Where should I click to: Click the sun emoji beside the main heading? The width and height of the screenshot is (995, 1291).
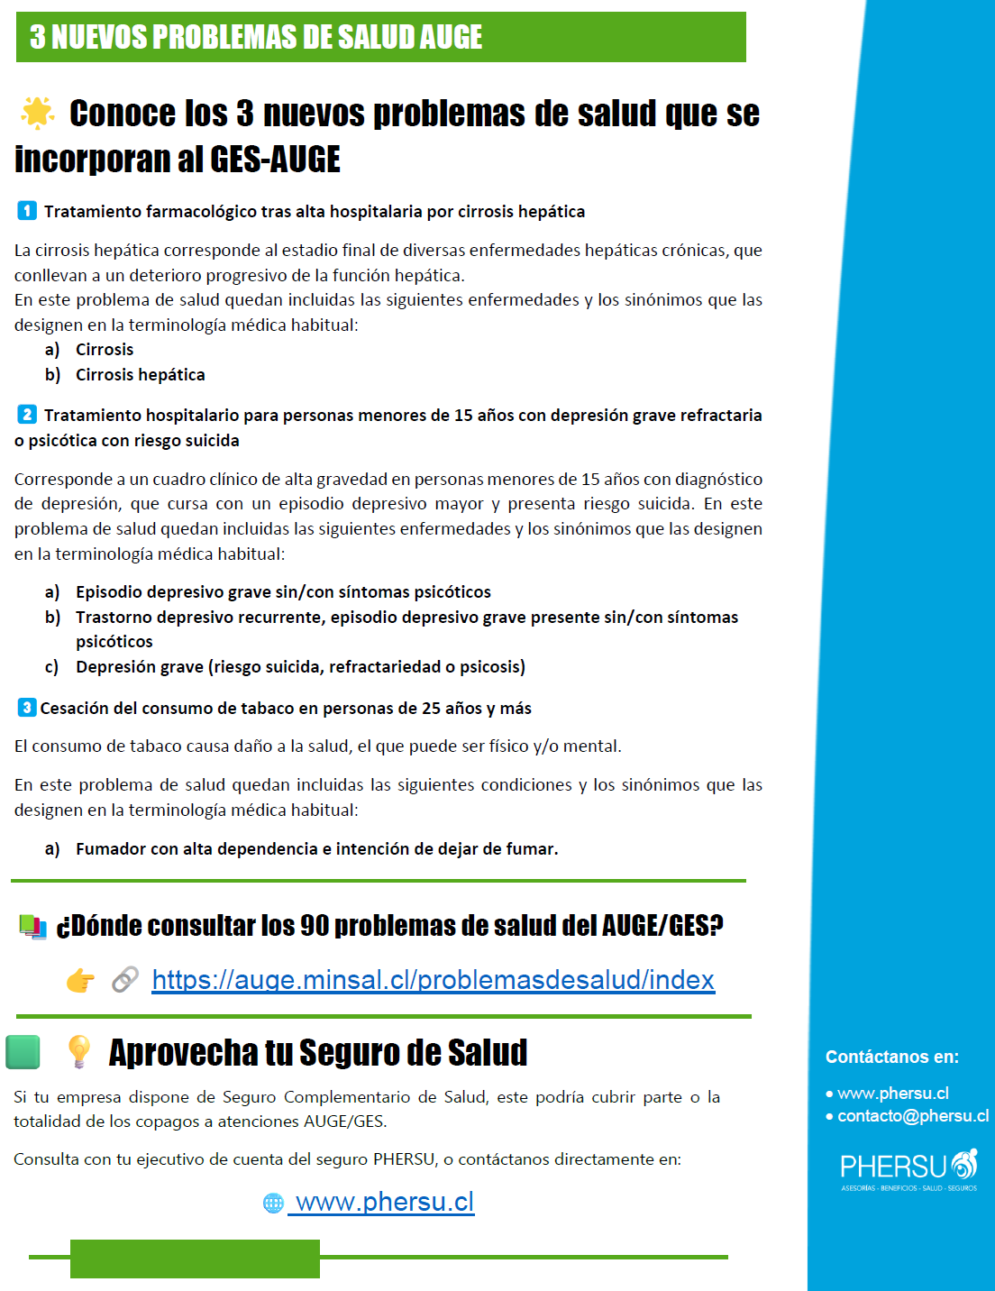(38, 113)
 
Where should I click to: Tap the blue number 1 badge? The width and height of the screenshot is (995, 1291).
(27, 211)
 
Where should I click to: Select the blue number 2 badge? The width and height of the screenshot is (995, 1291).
(27, 415)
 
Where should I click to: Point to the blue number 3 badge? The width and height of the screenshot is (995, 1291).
(27, 708)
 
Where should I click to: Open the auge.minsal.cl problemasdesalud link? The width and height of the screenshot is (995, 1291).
(433, 980)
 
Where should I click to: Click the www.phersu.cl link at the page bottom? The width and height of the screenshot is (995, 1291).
(385, 1203)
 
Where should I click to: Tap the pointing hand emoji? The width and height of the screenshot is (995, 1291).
(80, 980)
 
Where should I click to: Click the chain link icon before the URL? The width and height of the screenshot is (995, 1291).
(125, 980)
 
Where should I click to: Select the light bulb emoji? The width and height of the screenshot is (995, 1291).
(79, 1052)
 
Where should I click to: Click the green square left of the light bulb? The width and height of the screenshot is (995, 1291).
(23, 1052)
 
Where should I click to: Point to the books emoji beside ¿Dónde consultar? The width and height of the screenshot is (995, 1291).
(33, 926)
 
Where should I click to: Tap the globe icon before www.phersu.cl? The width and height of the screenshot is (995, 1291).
(273, 1204)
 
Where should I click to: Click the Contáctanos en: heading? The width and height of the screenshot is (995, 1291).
(892, 1057)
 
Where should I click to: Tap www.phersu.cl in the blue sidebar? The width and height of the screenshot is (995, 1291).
(893, 1094)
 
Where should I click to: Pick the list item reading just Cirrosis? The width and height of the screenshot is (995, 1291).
(105, 350)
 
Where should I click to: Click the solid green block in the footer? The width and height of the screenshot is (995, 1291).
(195, 1259)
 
